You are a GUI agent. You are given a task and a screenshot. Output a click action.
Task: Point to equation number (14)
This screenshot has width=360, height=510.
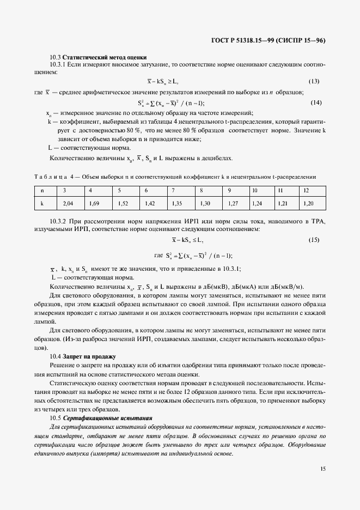[x=316, y=102]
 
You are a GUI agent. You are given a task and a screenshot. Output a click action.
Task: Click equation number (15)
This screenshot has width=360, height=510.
[x=314, y=240]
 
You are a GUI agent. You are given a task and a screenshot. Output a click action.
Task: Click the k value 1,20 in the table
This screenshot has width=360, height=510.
[x=308, y=203]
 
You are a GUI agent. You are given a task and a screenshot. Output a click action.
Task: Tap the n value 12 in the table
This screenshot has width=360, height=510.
[x=306, y=190]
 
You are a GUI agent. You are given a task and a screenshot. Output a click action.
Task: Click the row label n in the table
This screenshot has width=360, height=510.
[x=42, y=190]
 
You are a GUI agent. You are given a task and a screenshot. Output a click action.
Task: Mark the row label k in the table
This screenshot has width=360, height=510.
[x=42, y=203]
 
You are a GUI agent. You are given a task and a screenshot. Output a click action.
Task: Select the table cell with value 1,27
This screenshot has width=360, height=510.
[x=233, y=203]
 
